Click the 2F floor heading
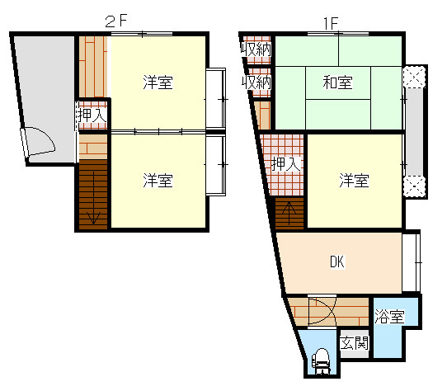115,21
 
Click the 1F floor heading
331,23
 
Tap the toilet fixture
322,361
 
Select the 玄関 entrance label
355,342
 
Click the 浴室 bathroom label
389,316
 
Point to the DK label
337,261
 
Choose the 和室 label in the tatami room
337,82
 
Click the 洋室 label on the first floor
354,181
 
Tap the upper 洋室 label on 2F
158,82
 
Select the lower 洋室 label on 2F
158,181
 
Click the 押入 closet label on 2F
92,115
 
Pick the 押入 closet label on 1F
285,163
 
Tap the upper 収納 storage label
256,49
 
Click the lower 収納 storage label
256,82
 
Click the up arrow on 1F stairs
289,214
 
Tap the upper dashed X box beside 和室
414,77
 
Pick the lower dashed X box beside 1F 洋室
414,186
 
